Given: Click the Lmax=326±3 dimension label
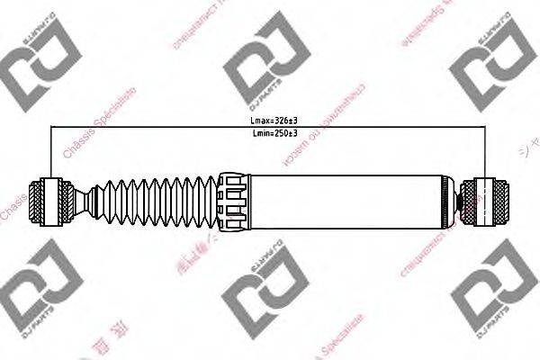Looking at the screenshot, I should (273, 121).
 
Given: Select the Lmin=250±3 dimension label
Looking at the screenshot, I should (273, 133).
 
